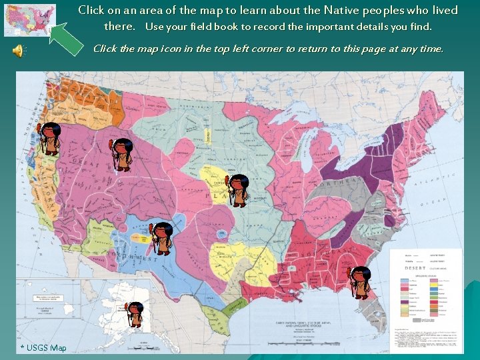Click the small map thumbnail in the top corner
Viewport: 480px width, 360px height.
[29, 19]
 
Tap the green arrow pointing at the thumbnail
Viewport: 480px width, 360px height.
[67, 39]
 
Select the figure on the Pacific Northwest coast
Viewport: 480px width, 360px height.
[49, 139]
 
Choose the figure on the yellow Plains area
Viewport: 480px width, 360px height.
[238, 190]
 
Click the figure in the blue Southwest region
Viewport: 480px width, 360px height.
[162, 238]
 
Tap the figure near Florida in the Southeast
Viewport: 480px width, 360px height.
[360, 282]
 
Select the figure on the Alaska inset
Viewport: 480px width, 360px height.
[135, 314]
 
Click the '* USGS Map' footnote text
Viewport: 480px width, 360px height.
[44, 348]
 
